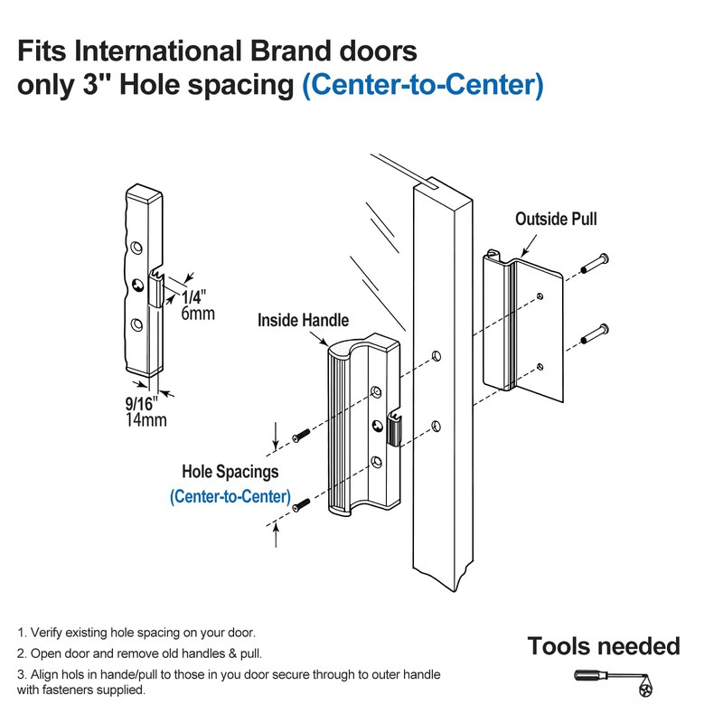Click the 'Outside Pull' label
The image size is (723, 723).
pyautogui.click(x=556, y=219)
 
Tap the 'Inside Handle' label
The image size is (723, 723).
pyautogui.click(x=303, y=320)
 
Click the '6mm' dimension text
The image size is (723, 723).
pyautogui.click(x=197, y=315)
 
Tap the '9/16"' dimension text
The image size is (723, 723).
pyautogui.click(x=143, y=403)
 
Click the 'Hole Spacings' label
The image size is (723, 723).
pyautogui.click(x=230, y=472)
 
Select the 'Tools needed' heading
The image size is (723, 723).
pyautogui.click(x=603, y=646)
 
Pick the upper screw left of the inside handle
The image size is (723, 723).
pyautogui.click(x=302, y=437)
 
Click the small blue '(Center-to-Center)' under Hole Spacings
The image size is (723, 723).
pyautogui.click(x=230, y=496)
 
